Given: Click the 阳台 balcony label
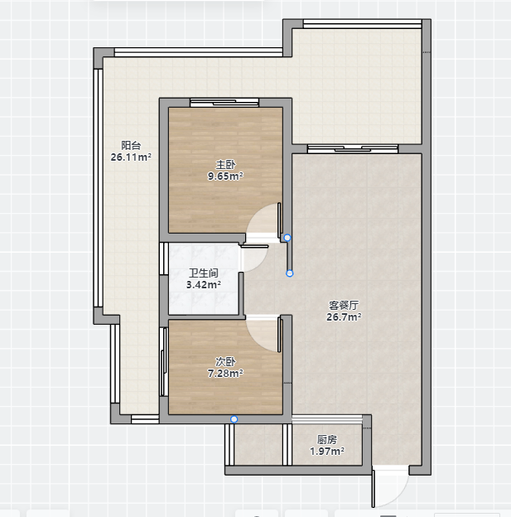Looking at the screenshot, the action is tap(131, 146).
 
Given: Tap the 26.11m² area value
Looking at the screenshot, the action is tap(131, 157).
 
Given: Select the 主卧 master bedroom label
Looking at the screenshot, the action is tap(225, 165).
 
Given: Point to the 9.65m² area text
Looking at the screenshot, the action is tap(225, 176).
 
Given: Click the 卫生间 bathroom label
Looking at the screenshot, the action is tap(204, 273).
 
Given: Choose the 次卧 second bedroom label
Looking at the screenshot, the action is tap(225, 362).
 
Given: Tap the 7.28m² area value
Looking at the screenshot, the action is tap(225, 373).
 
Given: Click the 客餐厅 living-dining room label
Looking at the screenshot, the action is tap(344, 306).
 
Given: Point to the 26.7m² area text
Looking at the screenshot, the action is tap(344, 316).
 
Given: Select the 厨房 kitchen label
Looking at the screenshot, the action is tap(327, 439).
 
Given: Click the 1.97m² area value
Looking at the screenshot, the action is tap(327, 451).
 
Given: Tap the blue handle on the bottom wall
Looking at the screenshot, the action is tap(234, 419).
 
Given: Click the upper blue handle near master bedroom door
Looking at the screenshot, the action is tap(287, 238).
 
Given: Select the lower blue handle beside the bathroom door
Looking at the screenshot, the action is tap(290, 273).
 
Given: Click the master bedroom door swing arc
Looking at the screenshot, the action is tap(254, 214).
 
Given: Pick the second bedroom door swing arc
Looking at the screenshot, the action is tap(254, 340).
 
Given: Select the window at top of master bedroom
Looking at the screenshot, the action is tap(224, 103).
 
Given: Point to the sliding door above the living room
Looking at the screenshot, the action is tap(353, 149).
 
